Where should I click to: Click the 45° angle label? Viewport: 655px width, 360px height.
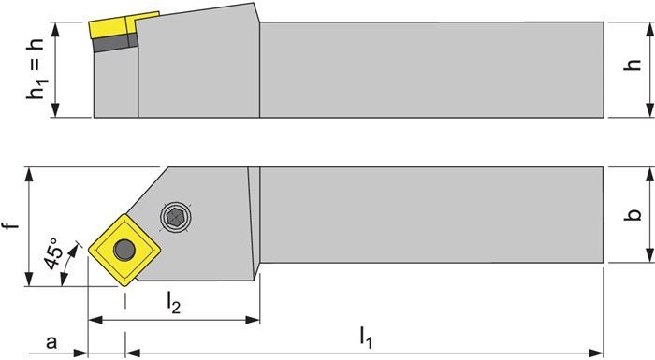point(53,254)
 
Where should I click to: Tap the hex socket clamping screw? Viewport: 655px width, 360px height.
point(176,217)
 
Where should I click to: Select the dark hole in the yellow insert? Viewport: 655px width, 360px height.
point(124,250)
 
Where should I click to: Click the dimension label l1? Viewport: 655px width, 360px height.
point(366,337)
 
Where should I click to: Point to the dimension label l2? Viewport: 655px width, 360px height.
point(173,302)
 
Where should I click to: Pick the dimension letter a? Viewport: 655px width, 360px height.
point(51,342)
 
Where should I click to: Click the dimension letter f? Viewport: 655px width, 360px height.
point(14,226)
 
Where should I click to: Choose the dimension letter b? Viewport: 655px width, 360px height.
point(634,215)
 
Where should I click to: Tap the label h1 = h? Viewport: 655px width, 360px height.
point(36,69)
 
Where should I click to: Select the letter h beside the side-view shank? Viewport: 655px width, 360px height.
point(634,65)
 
